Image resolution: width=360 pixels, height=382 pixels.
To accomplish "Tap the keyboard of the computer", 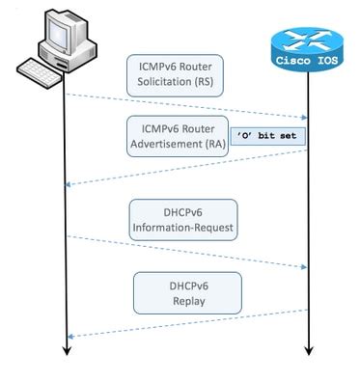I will coord(42,73).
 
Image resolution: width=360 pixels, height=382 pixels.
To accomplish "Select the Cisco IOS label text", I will coord(307,59).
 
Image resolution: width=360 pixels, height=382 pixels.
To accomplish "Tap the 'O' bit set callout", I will coord(268,136).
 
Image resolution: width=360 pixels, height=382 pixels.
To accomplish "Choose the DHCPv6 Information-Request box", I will coord(182,219).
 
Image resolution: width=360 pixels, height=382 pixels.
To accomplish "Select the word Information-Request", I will coord(182,228).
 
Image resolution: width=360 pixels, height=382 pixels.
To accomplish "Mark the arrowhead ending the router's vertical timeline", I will coord(307,350).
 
